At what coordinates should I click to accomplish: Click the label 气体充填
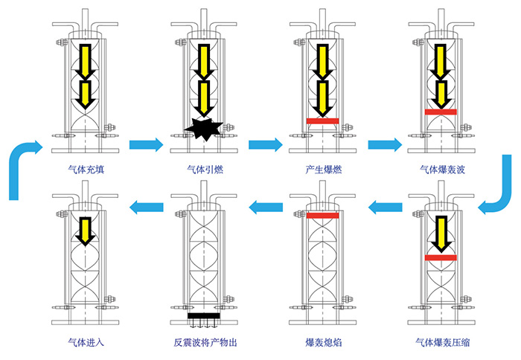85,169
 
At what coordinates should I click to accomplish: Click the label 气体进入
85,344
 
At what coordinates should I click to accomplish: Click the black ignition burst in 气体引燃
202,129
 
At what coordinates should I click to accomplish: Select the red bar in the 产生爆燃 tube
322,120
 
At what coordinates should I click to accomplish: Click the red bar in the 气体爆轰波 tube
441,112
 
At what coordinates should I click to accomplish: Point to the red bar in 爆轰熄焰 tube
322,216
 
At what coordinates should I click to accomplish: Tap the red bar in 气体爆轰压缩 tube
441,257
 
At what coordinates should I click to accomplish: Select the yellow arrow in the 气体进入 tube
86,231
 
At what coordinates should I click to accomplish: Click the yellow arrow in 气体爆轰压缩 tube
441,237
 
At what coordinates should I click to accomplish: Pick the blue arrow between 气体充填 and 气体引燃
145,143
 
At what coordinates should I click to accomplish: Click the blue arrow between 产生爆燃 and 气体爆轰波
384,143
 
